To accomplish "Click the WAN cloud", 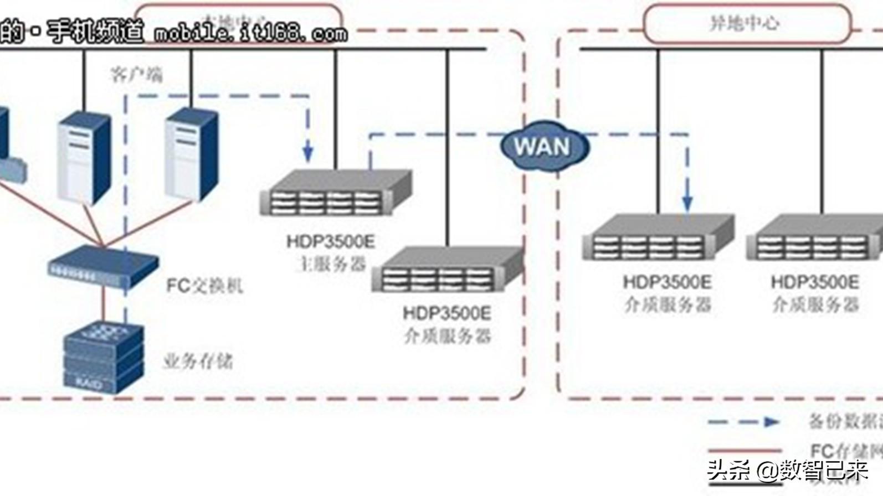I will (544, 146).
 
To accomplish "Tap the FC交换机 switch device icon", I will (103, 267).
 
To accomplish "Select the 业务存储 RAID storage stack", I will (103, 357).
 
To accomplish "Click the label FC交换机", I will (204, 286).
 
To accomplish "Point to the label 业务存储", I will (198, 361).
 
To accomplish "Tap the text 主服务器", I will (331, 264).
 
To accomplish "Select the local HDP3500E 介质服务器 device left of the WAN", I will (448, 271).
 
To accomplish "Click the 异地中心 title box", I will (746, 23).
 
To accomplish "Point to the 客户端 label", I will (136, 74).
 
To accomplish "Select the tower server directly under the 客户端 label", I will (191, 155).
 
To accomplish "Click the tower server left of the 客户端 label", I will (84, 157).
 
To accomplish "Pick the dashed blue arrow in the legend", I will (744, 422).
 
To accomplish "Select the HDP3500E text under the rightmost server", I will (814, 282).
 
